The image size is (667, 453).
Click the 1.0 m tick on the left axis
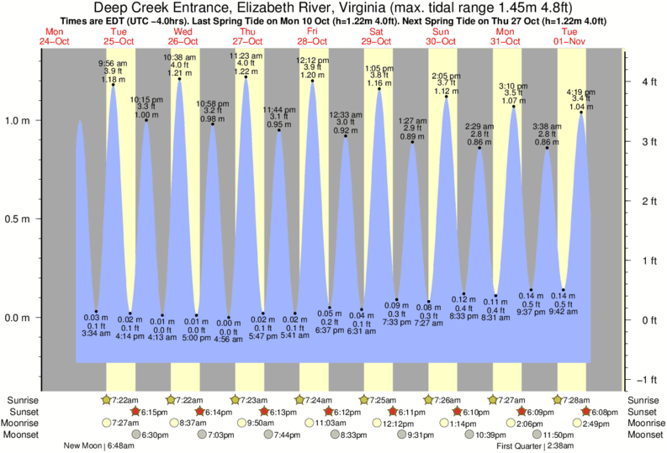18,119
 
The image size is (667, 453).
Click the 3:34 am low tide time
96,334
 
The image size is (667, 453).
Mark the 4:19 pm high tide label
581,92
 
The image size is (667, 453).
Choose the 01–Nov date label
572,40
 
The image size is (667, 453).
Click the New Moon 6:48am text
98,445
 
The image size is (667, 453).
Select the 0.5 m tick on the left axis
18,219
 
